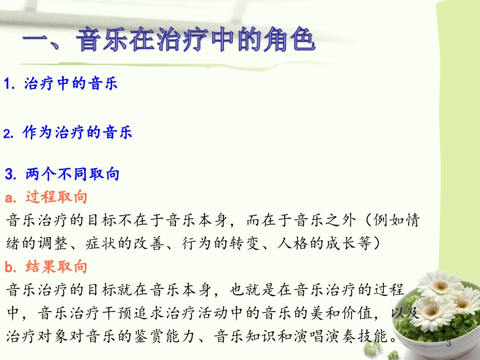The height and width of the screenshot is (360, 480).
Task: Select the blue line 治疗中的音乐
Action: coord(71,84)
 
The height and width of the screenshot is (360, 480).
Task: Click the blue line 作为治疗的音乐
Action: coord(77,133)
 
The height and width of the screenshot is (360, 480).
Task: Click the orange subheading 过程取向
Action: coord(56,197)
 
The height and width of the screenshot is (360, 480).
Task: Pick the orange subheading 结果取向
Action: coord(56,267)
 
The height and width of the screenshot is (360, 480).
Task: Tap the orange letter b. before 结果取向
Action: coord(11,267)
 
